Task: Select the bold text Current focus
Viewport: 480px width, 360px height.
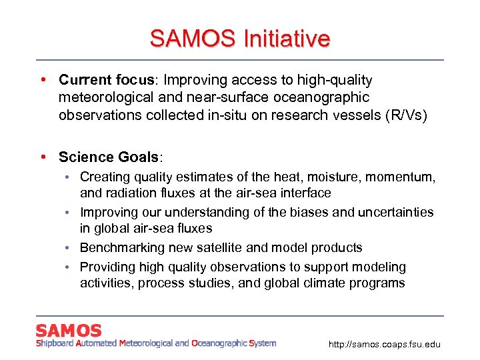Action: (107, 80)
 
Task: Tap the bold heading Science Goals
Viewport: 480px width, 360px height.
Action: (110, 157)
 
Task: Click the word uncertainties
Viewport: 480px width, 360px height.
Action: (396, 212)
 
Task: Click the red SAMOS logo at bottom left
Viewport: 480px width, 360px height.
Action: (69, 330)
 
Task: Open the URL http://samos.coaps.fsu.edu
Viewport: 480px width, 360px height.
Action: (385, 345)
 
